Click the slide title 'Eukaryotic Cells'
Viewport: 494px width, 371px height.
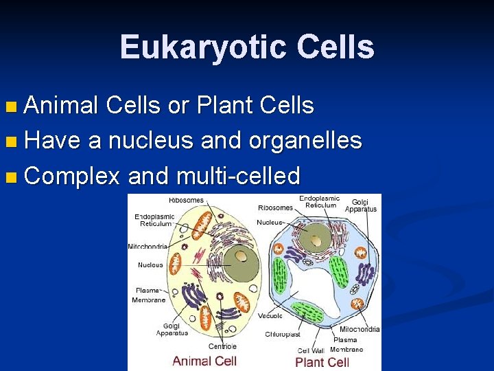pyautogui.click(x=247, y=47)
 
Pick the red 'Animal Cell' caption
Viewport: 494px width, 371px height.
pyautogui.click(x=204, y=361)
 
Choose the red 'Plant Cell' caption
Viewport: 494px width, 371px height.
pyautogui.click(x=322, y=361)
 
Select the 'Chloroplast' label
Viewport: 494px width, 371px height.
pyautogui.click(x=283, y=335)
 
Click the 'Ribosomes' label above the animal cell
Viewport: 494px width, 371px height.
pyautogui.click(x=186, y=201)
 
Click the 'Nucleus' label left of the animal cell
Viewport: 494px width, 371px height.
pyautogui.click(x=150, y=265)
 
